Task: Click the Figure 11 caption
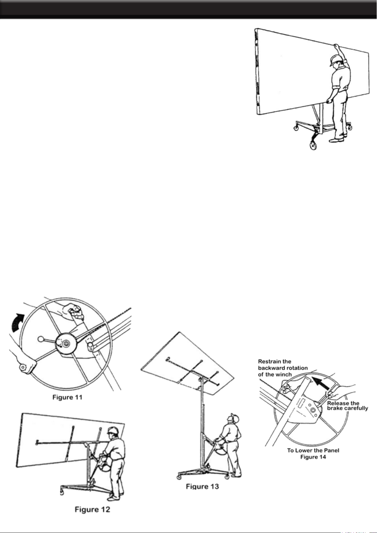[x=67, y=397]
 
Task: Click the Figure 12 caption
[x=93, y=510]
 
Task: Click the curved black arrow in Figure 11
[x=18, y=323]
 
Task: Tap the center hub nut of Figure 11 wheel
[x=65, y=343]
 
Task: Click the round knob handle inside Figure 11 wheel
[x=41, y=339]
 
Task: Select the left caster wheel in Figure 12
[x=62, y=492]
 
